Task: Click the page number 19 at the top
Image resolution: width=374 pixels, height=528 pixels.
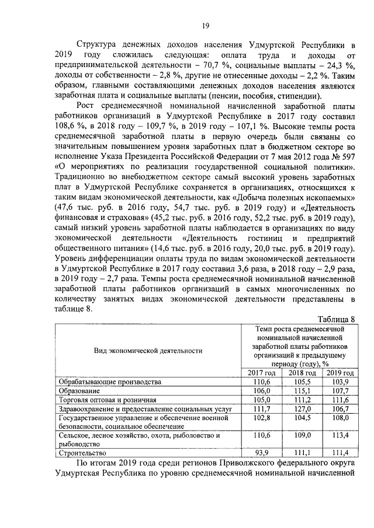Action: pyautogui.click(x=206, y=25)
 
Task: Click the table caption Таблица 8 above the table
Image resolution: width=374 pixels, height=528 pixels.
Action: pyautogui.click(x=335, y=318)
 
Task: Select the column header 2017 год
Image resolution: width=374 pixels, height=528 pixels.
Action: pyautogui.click(x=261, y=373)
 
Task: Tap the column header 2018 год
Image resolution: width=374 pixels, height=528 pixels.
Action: pyautogui.click(x=302, y=373)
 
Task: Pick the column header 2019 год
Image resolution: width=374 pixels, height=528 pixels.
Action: pyautogui.click(x=340, y=373)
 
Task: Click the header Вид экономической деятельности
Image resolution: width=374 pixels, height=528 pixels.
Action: pyautogui.click(x=148, y=350)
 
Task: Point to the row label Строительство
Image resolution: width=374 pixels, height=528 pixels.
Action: pyautogui.click(x=82, y=453)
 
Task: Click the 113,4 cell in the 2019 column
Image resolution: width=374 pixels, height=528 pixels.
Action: pyautogui.click(x=340, y=435)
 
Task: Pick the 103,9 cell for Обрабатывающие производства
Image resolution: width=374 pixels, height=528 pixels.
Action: pyautogui.click(x=340, y=382)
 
